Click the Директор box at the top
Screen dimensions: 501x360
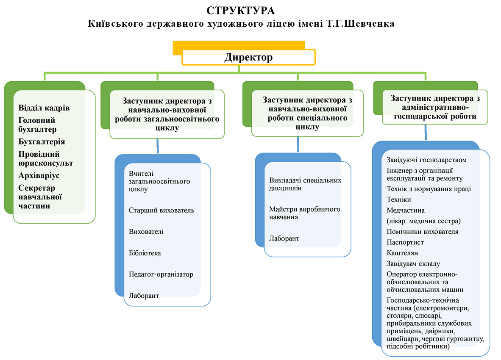248,57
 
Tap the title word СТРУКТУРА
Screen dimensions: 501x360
241,11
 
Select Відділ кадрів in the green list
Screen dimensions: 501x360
44,108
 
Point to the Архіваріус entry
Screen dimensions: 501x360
39,175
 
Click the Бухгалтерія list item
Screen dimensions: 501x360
42,142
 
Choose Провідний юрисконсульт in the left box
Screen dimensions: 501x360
46,159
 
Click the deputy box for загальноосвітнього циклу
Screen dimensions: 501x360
167,114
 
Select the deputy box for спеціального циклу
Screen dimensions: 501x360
307,114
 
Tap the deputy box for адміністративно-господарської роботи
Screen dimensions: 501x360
435,107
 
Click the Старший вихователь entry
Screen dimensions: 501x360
161,210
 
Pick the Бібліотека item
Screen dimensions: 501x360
145,253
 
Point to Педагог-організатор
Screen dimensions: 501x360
161,274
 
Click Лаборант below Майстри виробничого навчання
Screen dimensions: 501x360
284,238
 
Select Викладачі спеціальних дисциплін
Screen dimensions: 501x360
305,184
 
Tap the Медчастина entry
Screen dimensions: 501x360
406,210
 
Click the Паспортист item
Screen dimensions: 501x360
405,242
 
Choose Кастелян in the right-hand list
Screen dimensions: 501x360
402,253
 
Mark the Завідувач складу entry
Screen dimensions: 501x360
413,263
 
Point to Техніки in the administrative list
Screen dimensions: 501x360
399,199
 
